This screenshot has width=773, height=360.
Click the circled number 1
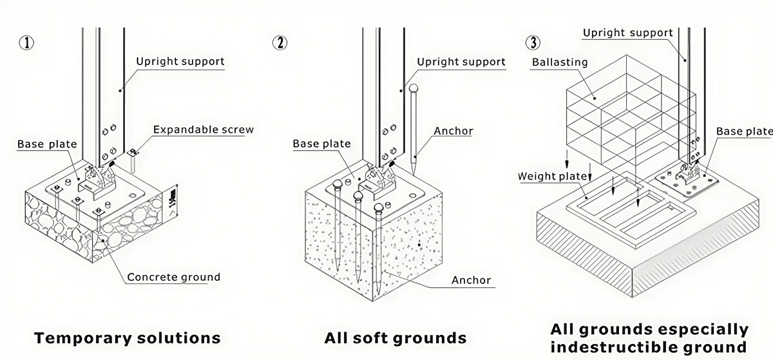coord(26,43)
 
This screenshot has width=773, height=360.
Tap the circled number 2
coord(280,43)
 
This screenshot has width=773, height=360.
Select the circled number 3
coord(533,43)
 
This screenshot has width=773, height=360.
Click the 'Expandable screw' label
coord(204,130)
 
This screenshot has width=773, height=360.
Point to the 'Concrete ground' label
coord(173,277)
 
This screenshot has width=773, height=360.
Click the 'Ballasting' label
coord(560,62)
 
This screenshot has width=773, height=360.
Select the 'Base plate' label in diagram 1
coord(47,144)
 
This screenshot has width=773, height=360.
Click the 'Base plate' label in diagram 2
coord(321,144)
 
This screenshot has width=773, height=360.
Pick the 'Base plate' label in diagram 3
coord(744,131)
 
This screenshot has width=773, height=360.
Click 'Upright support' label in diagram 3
coord(627,33)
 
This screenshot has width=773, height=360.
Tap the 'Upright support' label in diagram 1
coord(180,62)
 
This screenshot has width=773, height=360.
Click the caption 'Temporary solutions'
coord(128,338)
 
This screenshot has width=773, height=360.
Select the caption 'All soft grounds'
coord(396,338)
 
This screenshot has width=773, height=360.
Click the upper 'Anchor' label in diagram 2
coord(453,131)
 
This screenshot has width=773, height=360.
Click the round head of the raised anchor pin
coord(414,88)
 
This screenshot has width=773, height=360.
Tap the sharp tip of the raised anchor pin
coord(414,175)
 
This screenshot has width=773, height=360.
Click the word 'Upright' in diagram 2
coord(435,62)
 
